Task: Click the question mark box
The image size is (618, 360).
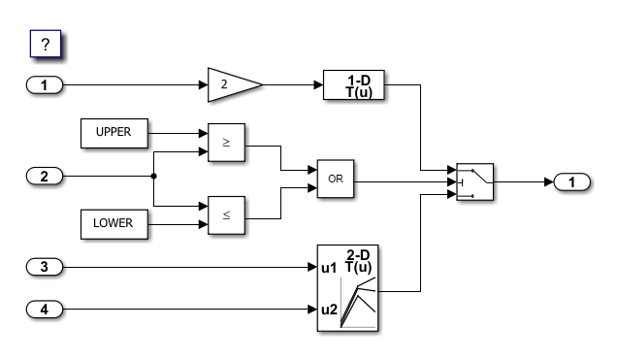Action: point(46,45)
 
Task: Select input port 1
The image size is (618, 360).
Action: point(44,86)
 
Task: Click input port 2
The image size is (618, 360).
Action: point(44,177)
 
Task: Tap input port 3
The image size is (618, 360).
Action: point(44,266)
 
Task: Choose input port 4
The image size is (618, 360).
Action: point(44,311)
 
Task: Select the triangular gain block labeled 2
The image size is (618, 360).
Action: point(232,85)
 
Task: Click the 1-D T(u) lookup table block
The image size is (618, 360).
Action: point(353,86)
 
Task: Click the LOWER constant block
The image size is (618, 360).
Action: point(114,222)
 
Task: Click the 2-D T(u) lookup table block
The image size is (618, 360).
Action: point(349,288)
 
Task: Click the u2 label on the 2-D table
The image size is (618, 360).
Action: point(328,311)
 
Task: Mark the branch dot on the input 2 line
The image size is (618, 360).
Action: point(154,177)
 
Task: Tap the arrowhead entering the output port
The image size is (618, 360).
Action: point(548,182)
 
